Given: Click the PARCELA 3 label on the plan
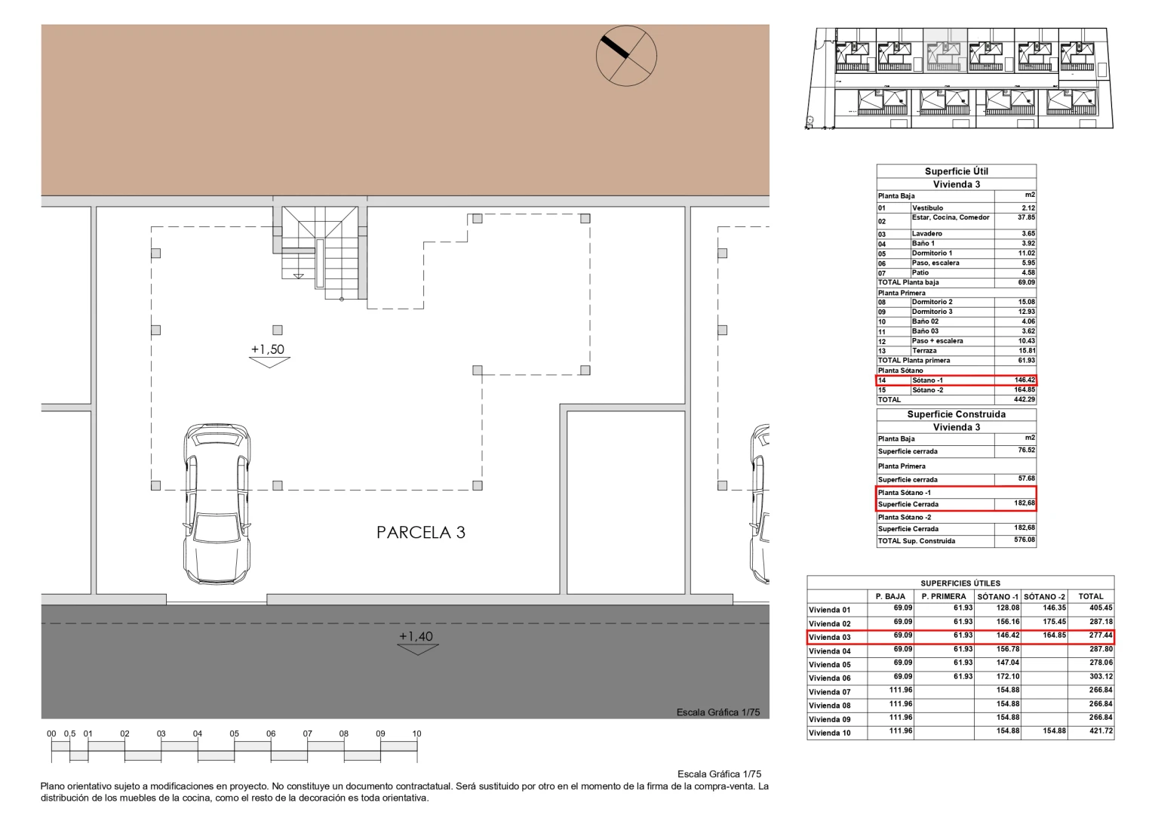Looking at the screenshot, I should point(421,533).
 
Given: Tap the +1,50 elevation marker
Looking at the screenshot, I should point(268,349).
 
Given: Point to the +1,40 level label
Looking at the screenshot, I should point(416,636).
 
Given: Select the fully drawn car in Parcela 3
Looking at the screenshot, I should point(216,503).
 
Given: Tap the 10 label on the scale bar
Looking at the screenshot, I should point(416,733).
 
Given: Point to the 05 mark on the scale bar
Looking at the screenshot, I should point(234,733).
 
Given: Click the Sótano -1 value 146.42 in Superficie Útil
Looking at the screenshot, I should point(1025,380).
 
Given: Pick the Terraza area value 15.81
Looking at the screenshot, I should point(1026,351).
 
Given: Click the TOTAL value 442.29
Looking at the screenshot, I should point(1024,400).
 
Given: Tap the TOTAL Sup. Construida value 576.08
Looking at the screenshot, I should point(1025,540).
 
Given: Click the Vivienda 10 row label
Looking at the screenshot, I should point(830,733).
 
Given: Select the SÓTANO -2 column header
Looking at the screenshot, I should point(1044,596).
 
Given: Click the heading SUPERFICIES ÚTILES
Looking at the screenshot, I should point(960,583).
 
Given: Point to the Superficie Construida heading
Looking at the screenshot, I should point(956,414).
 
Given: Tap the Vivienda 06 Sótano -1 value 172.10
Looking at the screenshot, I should point(1007,677).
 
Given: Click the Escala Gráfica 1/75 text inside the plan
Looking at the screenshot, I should point(717,712).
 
